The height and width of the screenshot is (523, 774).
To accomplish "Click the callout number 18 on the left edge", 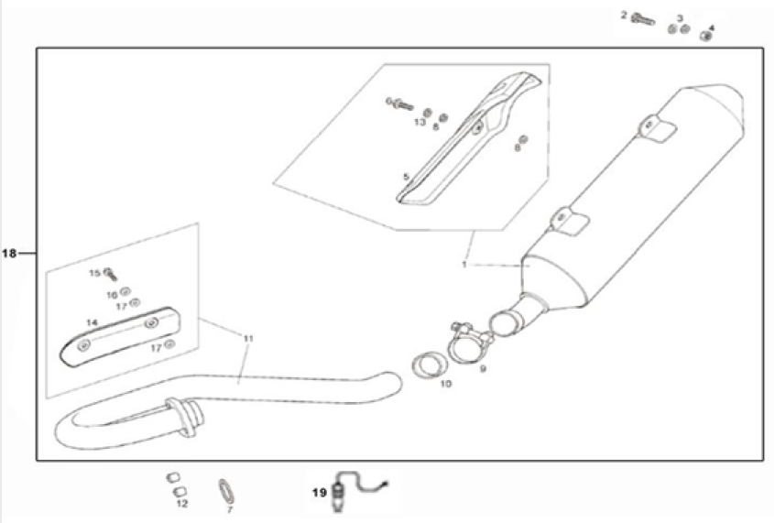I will point(9,254).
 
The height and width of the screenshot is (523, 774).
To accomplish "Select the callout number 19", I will point(319,492).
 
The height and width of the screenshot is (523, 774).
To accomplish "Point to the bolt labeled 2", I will point(643,18).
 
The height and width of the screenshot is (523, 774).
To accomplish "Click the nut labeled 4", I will point(706,35).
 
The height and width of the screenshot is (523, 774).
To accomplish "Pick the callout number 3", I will point(680,17).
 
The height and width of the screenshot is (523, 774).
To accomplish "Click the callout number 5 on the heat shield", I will point(404,176).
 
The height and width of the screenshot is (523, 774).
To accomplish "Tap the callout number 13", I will point(420,122).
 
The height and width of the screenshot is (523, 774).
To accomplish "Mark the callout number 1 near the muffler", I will point(464,264).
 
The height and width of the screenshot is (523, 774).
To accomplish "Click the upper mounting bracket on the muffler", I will point(656,129).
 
